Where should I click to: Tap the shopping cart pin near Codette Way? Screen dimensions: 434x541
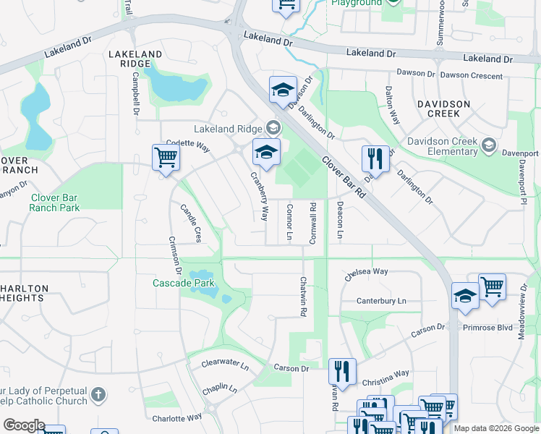(166, 157)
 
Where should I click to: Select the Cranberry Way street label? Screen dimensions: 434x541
(260, 196)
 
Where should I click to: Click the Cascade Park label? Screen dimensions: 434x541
(184, 283)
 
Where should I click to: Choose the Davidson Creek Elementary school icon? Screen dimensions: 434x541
(489, 146)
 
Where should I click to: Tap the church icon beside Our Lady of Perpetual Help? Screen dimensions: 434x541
(98, 396)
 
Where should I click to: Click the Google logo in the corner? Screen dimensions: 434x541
(23, 425)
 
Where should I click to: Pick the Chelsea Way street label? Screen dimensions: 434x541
(367, 273)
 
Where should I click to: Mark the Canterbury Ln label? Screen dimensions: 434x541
(381, 301)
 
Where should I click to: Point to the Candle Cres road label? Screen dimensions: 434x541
(190, 222)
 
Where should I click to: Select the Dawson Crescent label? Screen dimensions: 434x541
(471, 75)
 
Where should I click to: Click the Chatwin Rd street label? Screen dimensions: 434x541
(304, 297)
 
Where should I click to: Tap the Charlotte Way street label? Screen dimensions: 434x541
(176, 417)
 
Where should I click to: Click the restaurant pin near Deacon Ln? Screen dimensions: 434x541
(375, 158)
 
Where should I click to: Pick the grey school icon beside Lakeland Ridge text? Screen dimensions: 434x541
(273, 128)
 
